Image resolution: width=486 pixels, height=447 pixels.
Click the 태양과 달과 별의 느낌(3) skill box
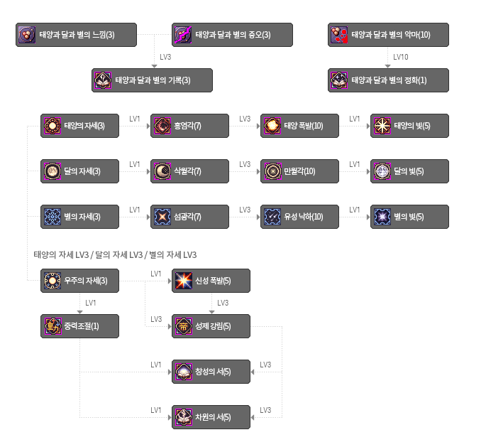click(x=76, y=35)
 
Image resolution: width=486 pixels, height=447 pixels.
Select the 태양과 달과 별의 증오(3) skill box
click(x=232, y=35)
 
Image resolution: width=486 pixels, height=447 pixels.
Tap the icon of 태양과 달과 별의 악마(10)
click(x=339, y=35)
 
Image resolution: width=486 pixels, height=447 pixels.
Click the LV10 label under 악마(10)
click(x=401, y=57)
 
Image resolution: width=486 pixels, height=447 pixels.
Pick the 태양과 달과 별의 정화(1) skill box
click(x=388, y=80)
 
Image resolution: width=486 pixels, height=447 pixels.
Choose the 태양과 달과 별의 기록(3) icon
click(x=103, y=80)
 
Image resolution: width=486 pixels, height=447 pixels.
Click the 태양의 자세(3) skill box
click(x=79, y=126)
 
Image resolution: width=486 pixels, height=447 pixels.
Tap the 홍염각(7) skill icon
click(x=162, y=126)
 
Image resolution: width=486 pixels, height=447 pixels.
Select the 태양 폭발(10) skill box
click(x=299, y=126)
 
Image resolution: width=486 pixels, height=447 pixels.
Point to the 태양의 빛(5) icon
click(x=382, y=126)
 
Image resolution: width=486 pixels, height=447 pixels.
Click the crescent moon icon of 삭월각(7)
click(x=162, y=171)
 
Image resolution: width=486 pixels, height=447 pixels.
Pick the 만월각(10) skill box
click(x=299, y=171)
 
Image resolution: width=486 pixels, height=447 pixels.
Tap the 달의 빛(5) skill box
click(x=410, y=171)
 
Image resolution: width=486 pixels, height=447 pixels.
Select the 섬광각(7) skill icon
click(x=162, y=217)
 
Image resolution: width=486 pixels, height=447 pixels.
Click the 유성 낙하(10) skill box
click(x=299, y=217)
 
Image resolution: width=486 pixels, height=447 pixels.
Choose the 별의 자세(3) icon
click(x=53, y=217)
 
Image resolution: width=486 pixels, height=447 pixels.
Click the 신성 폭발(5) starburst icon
click(x=184, y=281)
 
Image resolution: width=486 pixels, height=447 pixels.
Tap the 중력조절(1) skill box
click(x=79, y=326)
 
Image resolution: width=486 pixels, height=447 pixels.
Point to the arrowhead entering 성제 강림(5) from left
click(x=170, y=327)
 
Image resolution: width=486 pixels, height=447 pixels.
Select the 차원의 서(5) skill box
click(x=211, y=417)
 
